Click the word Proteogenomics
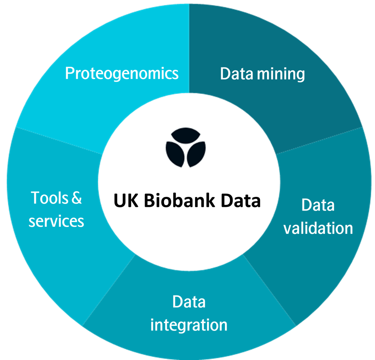coord(122,74)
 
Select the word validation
coord(318,228)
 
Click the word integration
coord(189,325)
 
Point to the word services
coord(56,221)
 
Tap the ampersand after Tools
coord(76,198)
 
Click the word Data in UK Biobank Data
coord(241,201)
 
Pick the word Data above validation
coord(318,205)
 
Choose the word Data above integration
coord(189,302)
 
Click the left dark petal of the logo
coord(174,154)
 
